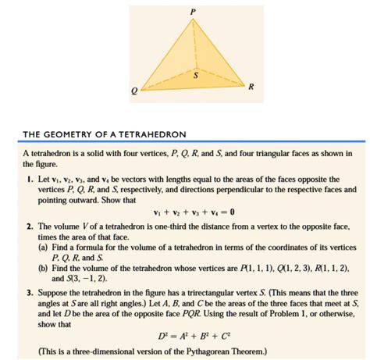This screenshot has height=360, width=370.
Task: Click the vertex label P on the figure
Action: [192, 11]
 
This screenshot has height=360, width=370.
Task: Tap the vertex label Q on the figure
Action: [135, 91]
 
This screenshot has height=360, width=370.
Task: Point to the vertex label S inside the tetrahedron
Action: [196, 76]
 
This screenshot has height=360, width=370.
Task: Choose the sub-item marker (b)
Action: [44, 268]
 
